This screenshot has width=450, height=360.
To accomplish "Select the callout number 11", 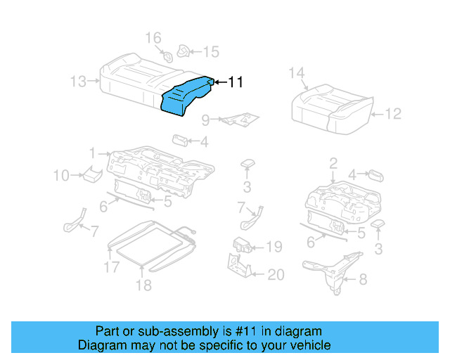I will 236,83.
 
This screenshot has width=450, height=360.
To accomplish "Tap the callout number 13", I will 79,82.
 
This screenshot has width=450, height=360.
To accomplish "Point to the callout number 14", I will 296,72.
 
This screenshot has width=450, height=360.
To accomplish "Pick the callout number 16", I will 153,37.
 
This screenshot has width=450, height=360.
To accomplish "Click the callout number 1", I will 92,153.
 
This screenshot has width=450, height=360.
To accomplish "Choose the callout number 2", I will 333,164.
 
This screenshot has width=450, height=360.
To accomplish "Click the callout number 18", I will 143,285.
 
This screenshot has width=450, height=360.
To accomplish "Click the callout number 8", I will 362,280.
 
